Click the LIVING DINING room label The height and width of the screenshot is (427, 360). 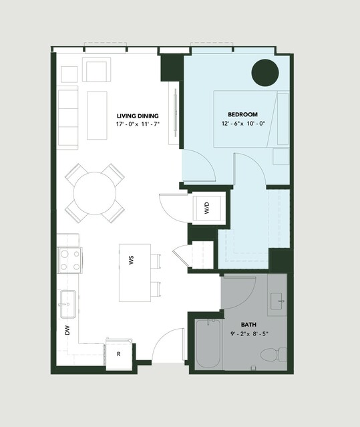click(138, 116)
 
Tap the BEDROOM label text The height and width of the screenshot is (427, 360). click(242, 115)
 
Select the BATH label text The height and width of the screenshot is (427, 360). click(248, 325)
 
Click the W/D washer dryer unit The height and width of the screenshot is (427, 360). click(207, 208)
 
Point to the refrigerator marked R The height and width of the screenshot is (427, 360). click(119, 354)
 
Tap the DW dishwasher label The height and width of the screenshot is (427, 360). click(67, 330)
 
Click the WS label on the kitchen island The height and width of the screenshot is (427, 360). click(132, 260)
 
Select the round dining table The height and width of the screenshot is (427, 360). click(95, 193)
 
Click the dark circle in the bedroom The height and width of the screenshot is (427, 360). click(265, 73)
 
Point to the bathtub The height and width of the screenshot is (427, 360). click(208, 343)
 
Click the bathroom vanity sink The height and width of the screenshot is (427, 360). click(278, 301)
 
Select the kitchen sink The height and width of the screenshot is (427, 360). click(67, 304)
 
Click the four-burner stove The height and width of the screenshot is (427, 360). click(69, 261)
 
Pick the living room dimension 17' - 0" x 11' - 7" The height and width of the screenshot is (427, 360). click(138, 124)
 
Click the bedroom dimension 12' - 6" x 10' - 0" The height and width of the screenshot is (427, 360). click(243, 124)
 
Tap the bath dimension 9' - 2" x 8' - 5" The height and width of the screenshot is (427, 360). click(249, 333)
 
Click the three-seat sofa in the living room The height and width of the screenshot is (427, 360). click(67, 118)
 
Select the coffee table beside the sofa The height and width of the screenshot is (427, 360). click(97, 116)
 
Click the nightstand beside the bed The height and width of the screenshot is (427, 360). click(281, 156)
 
